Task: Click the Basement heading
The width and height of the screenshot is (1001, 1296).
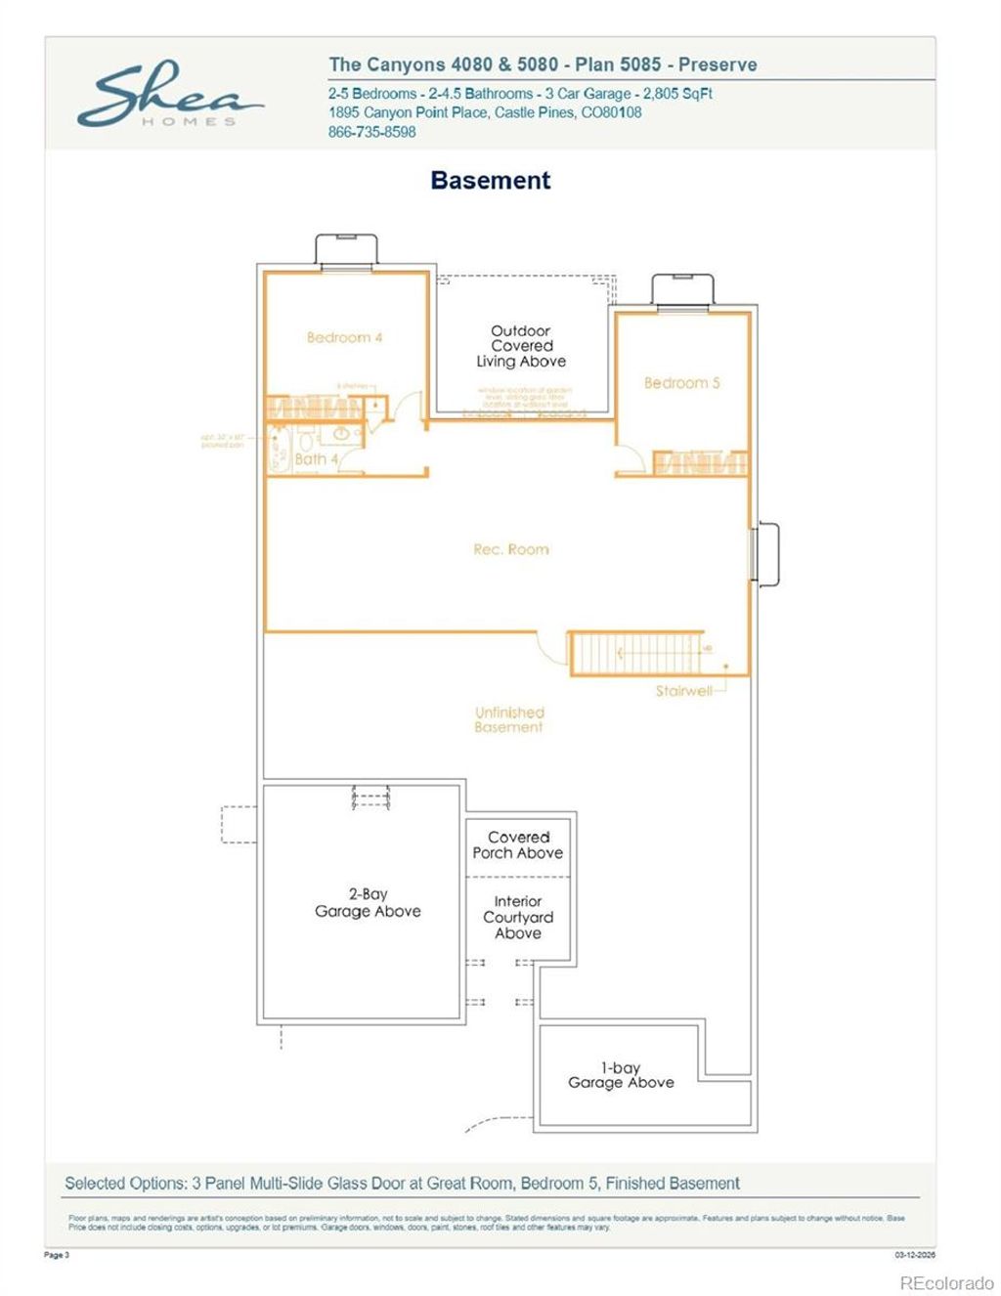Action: tap(491, 181)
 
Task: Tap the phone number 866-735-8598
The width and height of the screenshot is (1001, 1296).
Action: tap(372, 132)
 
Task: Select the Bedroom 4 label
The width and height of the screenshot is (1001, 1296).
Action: tap(344, 338)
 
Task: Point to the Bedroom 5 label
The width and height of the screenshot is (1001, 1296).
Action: tap(681, 383)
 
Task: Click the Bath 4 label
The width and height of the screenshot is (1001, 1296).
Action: tap(317, 458)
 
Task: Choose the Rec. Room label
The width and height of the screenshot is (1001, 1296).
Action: tap(510, 550)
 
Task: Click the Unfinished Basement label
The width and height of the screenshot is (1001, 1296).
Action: tap(509, 720)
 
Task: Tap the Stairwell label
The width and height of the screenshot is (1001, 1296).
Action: tap(683, 691)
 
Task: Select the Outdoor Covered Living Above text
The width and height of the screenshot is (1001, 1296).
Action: tap(521, 347)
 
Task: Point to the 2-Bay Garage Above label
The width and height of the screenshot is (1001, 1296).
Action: tap(368, 903)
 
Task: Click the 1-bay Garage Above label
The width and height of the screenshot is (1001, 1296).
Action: tap(621, 1076)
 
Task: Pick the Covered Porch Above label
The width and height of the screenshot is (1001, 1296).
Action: tap(518, 845)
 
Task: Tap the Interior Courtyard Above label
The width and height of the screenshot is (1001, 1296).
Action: tap(518, 918)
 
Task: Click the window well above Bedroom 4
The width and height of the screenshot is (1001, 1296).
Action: tap(345, 249)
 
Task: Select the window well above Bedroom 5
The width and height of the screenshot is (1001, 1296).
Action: tap(683, 289)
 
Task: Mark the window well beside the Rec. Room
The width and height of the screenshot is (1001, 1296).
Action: tap(766, 554)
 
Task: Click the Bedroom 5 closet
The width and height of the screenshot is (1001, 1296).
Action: tap(700, 463)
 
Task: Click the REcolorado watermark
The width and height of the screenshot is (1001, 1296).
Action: tap(946, 1282)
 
